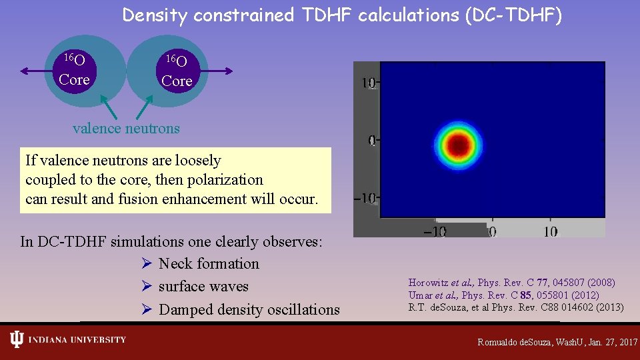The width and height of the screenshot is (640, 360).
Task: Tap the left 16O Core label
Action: coord(74,70)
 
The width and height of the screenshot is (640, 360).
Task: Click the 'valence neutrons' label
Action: coord(126,128)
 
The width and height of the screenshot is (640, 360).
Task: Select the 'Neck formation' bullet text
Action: coord(209,264)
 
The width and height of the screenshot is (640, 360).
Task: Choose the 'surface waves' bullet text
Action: coord(203,287)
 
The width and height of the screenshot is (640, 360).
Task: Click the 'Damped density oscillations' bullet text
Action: coord(249,309)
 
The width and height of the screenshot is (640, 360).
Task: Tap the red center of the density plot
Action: coord(458,143)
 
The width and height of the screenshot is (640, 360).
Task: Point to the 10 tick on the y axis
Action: coord(368,83)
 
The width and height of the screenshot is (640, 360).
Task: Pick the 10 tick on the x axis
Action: coord(550,231)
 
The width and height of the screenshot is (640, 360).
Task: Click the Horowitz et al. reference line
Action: coord(511,283)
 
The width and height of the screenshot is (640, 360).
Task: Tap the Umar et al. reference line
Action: coord(503,295)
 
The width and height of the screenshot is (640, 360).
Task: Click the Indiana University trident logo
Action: coord(16,340)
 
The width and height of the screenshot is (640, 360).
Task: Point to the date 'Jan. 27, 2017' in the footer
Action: coord(604,342)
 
